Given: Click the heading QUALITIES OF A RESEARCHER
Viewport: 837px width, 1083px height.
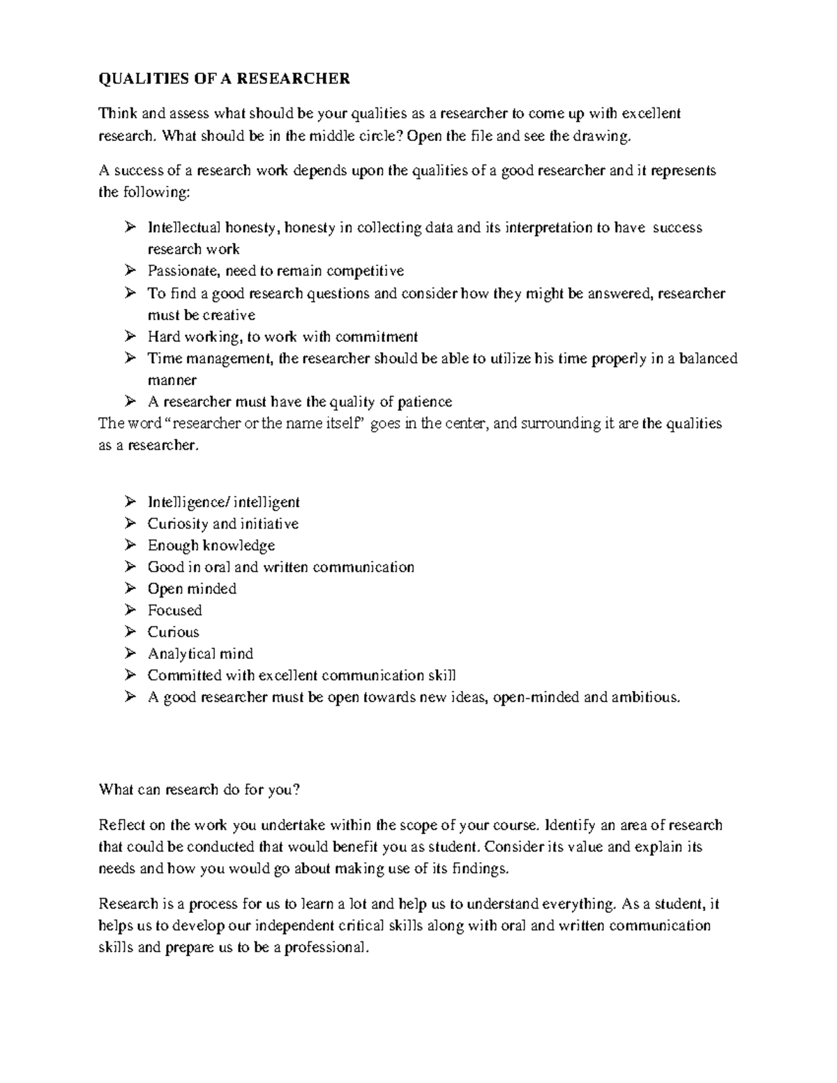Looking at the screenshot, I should (224, 79).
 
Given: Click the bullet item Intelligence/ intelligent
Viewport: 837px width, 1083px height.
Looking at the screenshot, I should (223, 502).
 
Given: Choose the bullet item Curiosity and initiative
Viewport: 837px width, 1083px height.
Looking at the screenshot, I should (223, 524).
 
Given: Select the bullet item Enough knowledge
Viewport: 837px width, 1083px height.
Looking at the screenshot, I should (211, 545).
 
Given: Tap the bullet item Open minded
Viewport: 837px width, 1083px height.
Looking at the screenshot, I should (192, 589).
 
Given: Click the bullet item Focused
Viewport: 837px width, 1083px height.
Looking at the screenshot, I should (174, 610).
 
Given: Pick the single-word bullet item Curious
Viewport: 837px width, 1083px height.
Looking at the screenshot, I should (173, 632).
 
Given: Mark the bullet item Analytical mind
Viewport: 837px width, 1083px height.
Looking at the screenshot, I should (200, 653).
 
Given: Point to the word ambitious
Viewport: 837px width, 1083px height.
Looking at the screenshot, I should (644, 697).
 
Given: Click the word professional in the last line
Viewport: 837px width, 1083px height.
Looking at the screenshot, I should (324, 948).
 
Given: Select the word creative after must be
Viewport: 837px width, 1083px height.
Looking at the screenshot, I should (229, 315).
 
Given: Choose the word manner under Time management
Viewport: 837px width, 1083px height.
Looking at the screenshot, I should (172, 380).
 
